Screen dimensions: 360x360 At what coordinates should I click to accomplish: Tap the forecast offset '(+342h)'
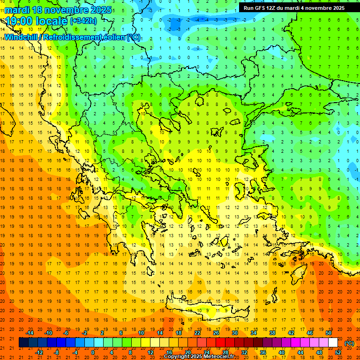point(83,21)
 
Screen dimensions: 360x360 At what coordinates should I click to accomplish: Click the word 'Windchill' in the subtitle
point(21,37)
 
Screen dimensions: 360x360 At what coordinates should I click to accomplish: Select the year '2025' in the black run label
point(336,7)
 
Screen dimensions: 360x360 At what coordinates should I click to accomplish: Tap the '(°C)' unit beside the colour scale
point(349,343)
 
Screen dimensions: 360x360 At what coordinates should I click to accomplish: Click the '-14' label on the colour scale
point(30,333)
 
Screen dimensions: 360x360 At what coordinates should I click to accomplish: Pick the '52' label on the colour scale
point(338,352)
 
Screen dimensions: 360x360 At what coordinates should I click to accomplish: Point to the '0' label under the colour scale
point(93,352)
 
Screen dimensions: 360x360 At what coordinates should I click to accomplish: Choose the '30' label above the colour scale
point(234,333)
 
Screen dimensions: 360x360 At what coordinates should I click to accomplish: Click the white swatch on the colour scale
point(333,343)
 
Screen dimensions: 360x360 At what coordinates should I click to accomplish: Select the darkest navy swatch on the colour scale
point(23,343)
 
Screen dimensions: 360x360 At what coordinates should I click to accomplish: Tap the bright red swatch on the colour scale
point(220,343)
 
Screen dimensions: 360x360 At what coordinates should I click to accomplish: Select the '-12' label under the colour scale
point(39,352)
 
